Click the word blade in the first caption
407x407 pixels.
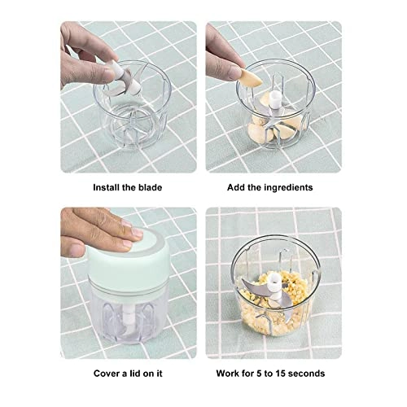tap(148, 187)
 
